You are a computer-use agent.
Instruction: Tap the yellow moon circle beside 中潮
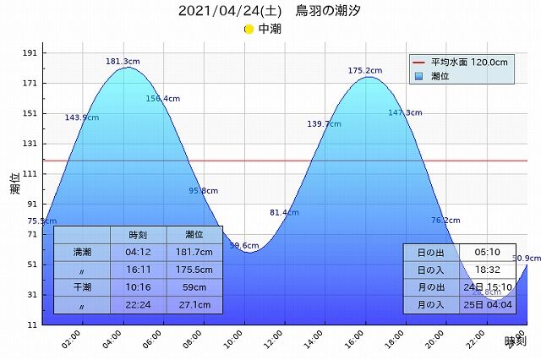(249, 29)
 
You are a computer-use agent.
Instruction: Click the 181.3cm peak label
(123, 62)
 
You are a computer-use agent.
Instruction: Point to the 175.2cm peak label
(366, 71)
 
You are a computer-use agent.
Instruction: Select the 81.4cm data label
(284, 212)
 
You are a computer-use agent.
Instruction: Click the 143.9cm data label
(82, 117)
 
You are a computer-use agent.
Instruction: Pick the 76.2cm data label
(445, 220)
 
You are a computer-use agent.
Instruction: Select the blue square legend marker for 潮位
(418, 76)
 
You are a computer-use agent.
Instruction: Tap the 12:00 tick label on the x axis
(273, 341)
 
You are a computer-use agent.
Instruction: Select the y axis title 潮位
(15, 184)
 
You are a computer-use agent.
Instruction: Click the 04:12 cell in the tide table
(138, 252)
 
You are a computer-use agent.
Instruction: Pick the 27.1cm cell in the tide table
(194, 305)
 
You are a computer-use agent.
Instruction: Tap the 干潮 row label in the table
(82, 287)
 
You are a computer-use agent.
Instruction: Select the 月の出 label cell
(430, 287)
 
